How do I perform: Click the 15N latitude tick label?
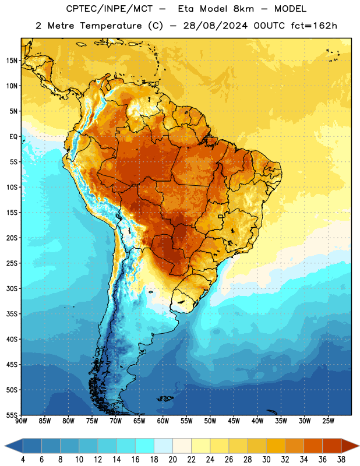click(x=12, y=61)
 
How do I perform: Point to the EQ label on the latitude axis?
click(x=13, y=137)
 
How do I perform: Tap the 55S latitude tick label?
click(x=12, y=415)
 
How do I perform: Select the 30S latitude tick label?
click(x=12, y=288)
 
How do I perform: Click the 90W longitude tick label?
click(x=21, y=421)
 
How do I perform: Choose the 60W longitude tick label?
click(x=163, y=421)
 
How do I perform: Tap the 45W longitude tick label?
click(x=234, y=421)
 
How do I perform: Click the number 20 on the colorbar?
click(x=172, y=460)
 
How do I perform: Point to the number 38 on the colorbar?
click(x=341, y=460)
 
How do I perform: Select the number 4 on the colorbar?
click(x=23, y=460)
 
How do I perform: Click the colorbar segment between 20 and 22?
click(x=182, y=446)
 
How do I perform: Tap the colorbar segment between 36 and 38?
click(x=332, y=446)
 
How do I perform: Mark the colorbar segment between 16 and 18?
click(x=144, y=446)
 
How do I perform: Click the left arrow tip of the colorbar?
click(x=5, y=446)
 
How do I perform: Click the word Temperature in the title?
click(x=111, y=26)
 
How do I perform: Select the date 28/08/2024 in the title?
click(x=215, y=26)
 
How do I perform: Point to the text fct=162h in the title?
click(x=314, y=26)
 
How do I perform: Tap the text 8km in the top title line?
click(x=243, y=9)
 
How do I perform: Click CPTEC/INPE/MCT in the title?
click(x=110, y=9)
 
